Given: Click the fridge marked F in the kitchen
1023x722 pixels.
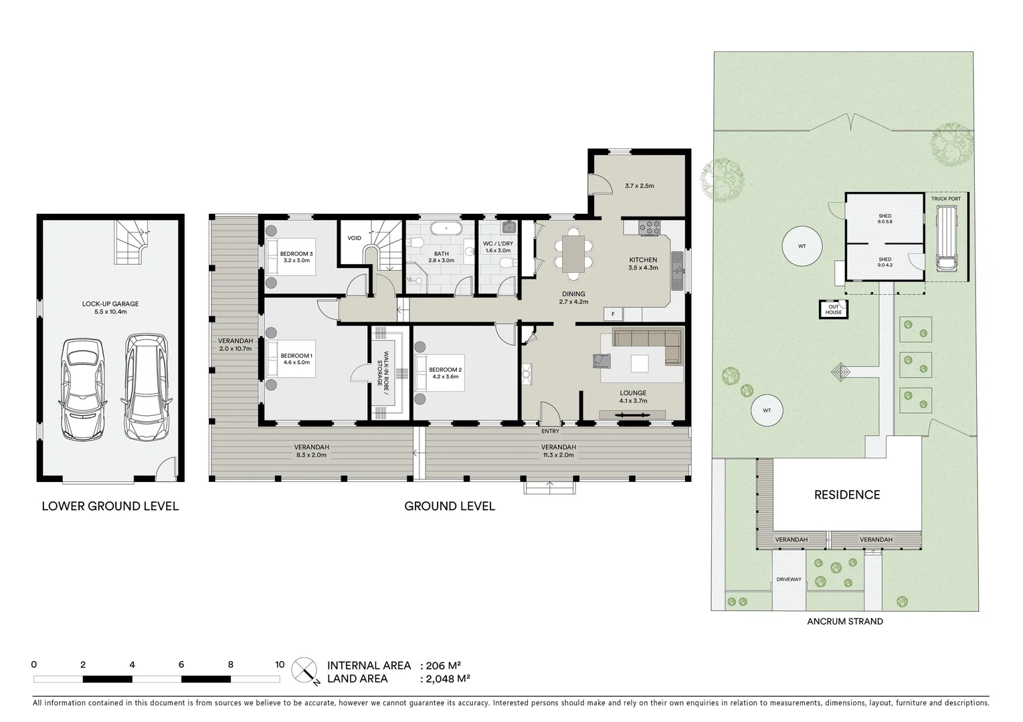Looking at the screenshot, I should coord(612,314).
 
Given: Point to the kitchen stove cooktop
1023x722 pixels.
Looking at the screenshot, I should coord(648,227).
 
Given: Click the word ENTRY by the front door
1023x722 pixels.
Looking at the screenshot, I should coord(550,431).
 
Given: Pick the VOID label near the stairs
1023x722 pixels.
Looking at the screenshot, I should coord(354,238).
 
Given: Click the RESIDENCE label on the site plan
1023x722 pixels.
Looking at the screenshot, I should coord(846,495).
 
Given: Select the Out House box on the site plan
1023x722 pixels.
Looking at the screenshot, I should coord(834,310).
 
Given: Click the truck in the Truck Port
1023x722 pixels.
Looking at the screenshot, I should coord(946,239).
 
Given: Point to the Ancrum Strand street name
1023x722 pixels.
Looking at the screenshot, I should coord(844,621).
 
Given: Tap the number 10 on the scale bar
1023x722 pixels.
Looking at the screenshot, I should coord(280,665).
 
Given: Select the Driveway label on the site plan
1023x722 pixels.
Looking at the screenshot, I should coord(789,580).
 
